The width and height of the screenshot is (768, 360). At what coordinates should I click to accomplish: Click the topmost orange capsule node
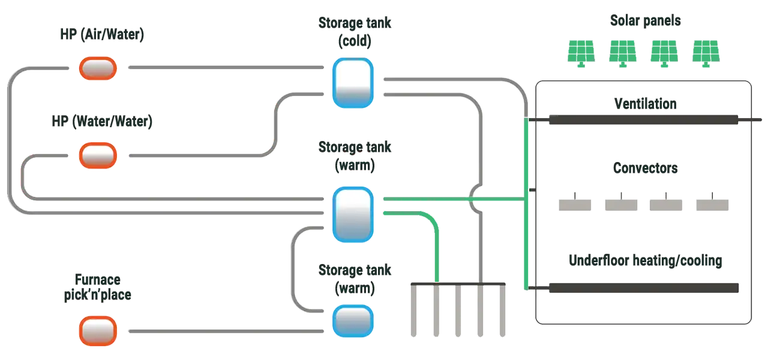[98, 68]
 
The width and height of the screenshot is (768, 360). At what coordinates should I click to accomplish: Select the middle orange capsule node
[98, 155]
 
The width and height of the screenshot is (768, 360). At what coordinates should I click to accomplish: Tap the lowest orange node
[98, 331]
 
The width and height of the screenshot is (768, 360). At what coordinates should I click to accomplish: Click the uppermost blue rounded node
[353, 83]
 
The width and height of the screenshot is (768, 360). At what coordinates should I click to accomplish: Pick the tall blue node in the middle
[353, 214]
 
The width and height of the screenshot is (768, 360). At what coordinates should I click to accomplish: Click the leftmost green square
[581, 52]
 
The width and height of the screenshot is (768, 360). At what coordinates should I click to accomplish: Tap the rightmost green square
[705, 52]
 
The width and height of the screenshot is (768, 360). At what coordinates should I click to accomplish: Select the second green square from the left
[622, 52]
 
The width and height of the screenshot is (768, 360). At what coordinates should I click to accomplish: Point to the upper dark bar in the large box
[643, 119]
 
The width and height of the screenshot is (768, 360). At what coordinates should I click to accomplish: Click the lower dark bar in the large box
[643, 289]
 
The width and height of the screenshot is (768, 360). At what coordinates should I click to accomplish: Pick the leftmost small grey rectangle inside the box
[575, 203]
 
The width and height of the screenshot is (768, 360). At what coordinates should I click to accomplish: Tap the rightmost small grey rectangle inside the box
[712, 203]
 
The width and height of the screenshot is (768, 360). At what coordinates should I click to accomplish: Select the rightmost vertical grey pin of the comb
[503, 312]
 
